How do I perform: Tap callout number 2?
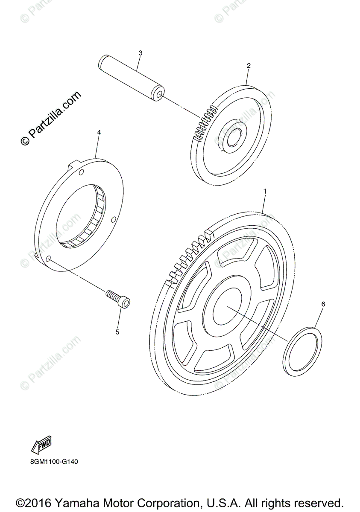click(x=249, y=66)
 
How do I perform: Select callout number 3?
click(x=140, y=53)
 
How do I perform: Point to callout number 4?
click(x=99, y=133)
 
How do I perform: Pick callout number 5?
click(x=117, y=332)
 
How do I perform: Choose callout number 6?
click(x=323, y=304)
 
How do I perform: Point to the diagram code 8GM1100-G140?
click(x=54, y=462)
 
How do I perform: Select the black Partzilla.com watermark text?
click(x=51, y=118)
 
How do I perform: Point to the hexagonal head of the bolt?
click(x=125, y=303)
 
